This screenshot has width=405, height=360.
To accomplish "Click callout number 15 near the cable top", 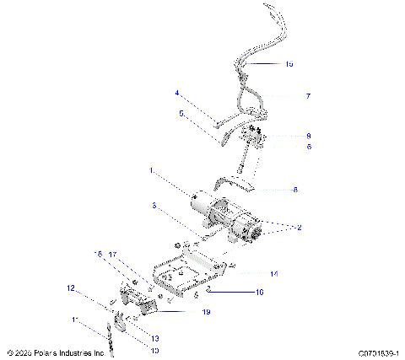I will click(289, 63).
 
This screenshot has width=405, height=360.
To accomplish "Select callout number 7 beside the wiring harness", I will click(307, 97).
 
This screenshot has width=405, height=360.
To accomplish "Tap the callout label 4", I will click(177, 93).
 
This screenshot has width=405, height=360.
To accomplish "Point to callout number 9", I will click(308, 135).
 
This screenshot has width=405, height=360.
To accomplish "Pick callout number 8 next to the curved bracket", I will click(294, 190).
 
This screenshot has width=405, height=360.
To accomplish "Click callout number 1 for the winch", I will click(151, 170).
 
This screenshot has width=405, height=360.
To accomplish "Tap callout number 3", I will click(154, 205).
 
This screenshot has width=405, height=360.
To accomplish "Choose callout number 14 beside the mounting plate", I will click(273, 273).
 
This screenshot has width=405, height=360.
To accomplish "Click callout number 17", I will click(112, 255).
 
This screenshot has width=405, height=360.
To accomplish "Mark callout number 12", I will click(72, 288).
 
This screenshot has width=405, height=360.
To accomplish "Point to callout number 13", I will click(154, 338).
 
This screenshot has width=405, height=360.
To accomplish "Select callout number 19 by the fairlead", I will click(205, 312).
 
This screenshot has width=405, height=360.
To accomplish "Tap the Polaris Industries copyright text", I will click(56, 353).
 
